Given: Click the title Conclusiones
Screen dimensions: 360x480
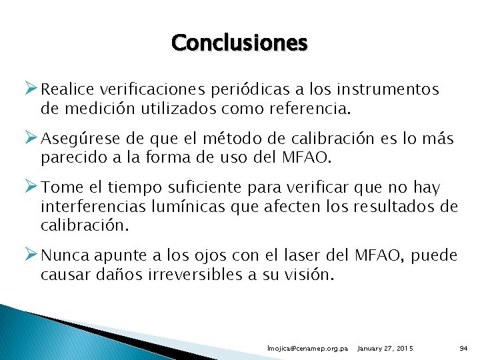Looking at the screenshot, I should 239,43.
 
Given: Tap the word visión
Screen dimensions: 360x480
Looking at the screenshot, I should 307,275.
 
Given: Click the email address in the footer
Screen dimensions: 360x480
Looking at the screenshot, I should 307,349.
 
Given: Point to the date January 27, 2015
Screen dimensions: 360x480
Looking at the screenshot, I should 385,349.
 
